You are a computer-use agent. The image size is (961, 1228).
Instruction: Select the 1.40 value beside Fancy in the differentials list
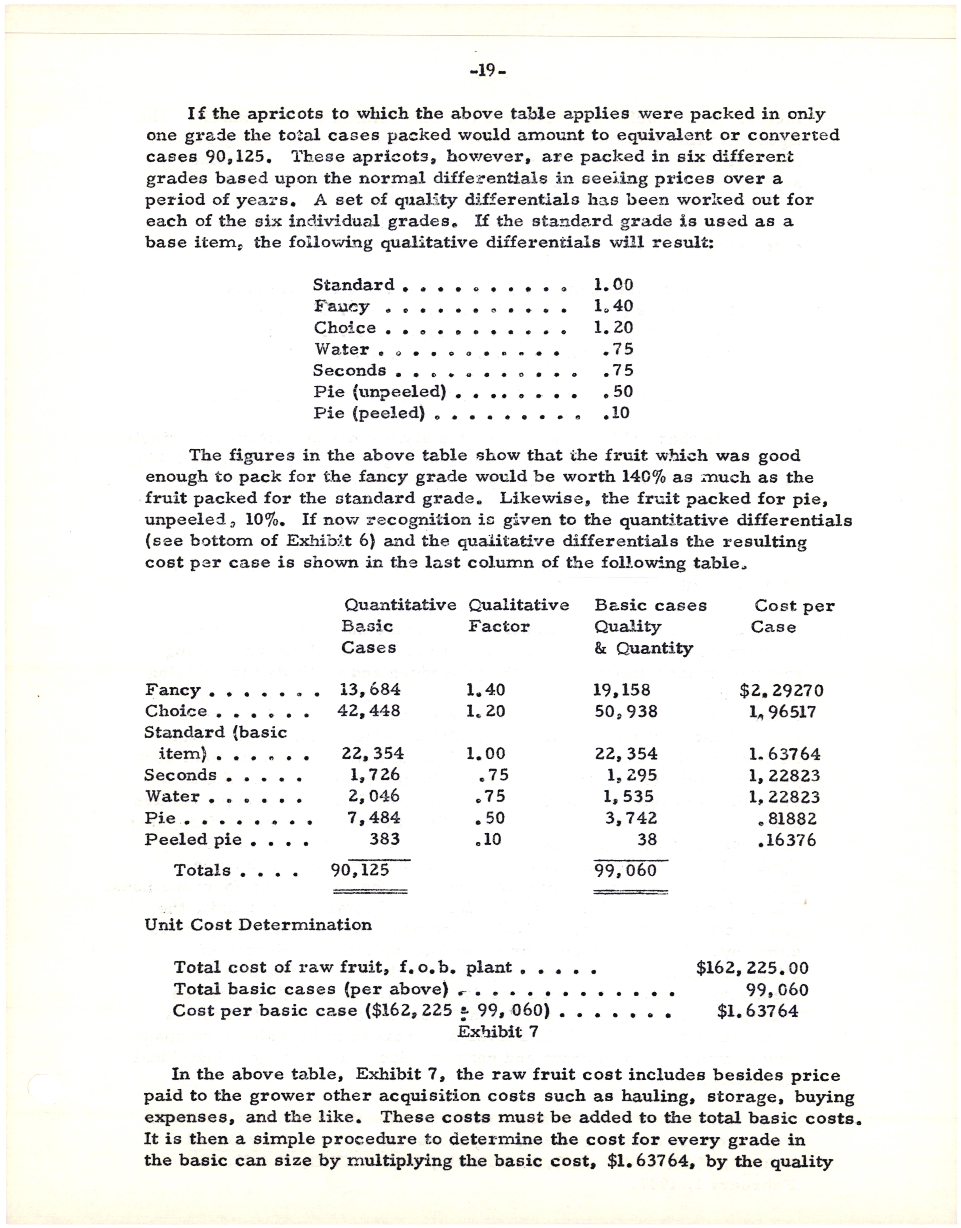pos(613,306)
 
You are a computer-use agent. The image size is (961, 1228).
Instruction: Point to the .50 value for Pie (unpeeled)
pos(617,391)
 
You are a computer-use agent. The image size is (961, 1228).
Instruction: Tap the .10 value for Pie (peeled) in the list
pos(616,413)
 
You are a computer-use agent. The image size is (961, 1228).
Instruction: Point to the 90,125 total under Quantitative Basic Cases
pos(360,870)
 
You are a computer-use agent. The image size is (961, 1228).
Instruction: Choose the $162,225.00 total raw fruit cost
pos(752,968)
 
